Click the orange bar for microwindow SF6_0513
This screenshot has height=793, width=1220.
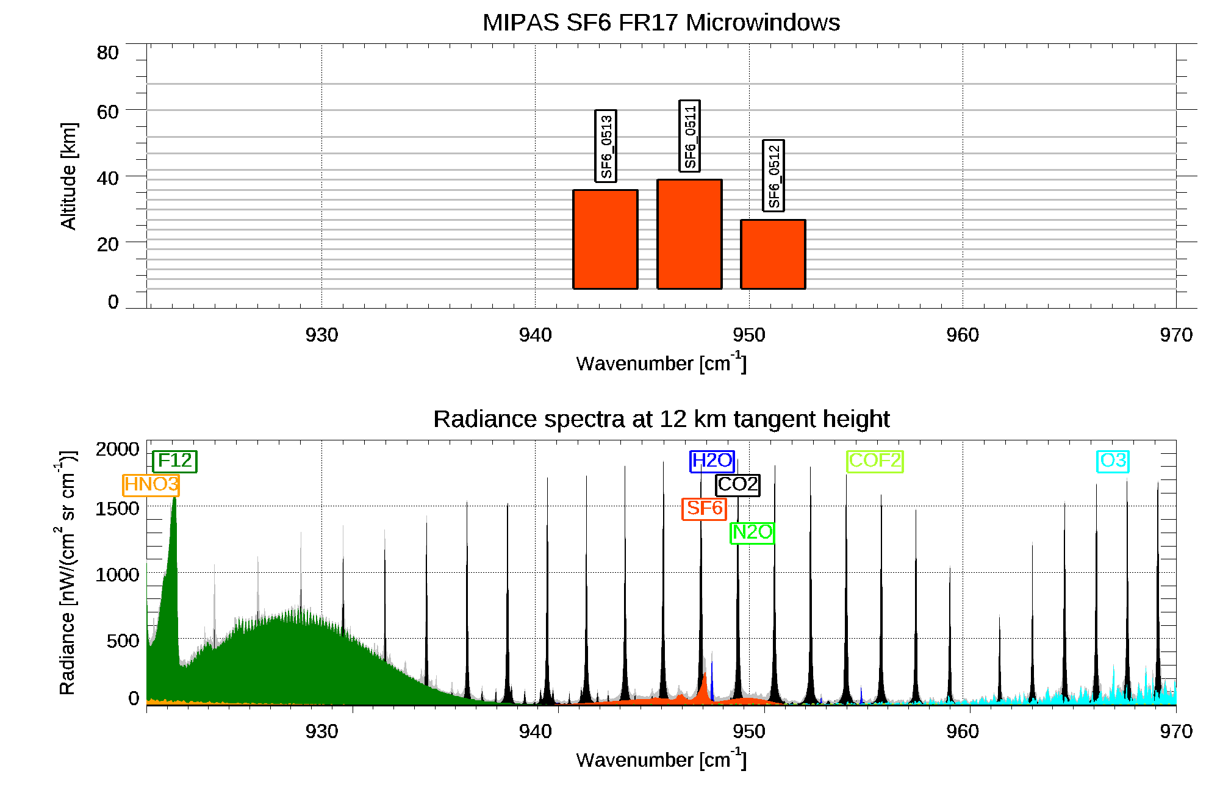coord(605,239)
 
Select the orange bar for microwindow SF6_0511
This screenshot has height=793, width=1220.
coord(689,234)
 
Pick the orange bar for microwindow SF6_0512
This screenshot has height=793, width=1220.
coord(773,254)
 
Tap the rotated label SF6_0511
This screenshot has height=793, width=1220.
coord(689,136)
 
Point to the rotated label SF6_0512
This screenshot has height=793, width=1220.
coord(773,176)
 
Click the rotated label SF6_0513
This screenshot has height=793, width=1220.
coord(606,146)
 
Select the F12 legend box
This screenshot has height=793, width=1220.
coord(174,461)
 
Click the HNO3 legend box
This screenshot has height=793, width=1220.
coord(151,485)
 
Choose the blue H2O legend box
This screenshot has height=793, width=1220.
coord(712,461)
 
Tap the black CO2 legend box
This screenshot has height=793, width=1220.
coord(737,484)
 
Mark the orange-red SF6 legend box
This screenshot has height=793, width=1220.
coord(704,508)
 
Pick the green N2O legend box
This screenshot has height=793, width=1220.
coord(752,533)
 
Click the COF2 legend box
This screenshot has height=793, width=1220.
coord(875,461)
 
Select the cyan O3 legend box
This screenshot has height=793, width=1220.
coord(1113,461)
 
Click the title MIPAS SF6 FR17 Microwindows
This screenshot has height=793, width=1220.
coord(661,23)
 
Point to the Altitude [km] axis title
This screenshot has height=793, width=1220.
coord(68,176)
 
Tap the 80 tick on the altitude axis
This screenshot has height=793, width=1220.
coord(107,53)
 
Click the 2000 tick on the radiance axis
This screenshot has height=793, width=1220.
coord(117,450)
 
